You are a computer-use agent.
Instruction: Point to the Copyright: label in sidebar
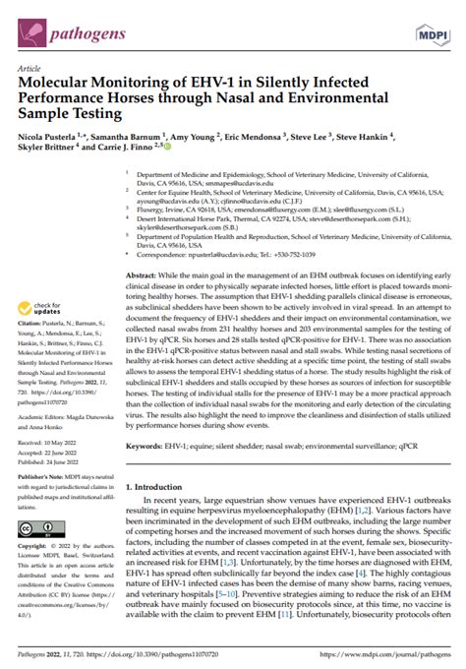tap(34, 544)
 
